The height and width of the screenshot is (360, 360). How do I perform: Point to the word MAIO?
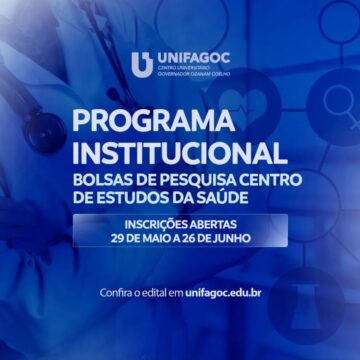click(170, 238)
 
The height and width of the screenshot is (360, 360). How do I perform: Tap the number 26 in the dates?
click(206, 238)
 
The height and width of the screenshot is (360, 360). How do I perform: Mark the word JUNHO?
click(244, 238)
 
